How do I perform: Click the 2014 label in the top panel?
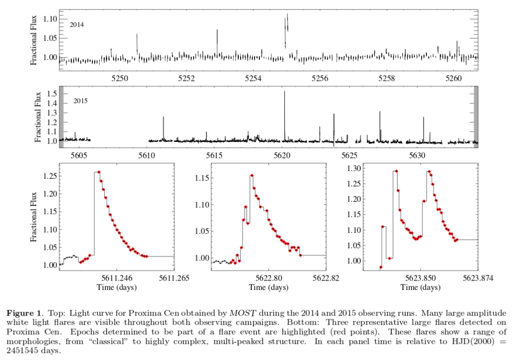point(77,24)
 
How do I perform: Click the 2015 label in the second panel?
point(81,101)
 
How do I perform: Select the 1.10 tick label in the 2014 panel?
point(50,19)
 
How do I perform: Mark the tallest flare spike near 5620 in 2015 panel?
point(284,92)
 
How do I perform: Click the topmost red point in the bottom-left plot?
point(99,172)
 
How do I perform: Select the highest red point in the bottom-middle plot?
point(252,175)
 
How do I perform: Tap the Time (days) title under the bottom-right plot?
point(421,288)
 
